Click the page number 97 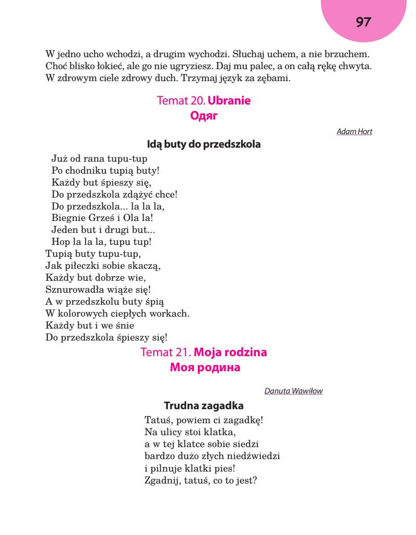(363, 22)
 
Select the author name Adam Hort (355, 132)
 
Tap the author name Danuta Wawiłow (293, 391)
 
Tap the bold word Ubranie (229, 100)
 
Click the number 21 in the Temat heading (184, 353)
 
